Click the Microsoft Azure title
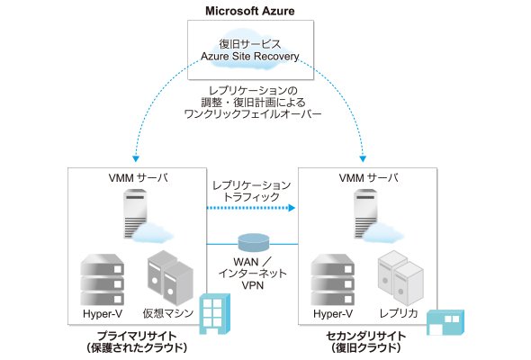coord(250,11)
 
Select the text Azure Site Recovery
coord(250,56)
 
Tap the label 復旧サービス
coord(250,44)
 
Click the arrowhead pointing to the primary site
coord(136,158)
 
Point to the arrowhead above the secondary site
coord(363,158)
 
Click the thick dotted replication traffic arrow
coord(251,208)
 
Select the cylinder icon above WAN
coord(254,242)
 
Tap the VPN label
coord(253,285)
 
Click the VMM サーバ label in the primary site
coord(139,178)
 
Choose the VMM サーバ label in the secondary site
coord(368,178)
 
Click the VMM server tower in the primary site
coord(136,214)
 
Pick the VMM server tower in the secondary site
coord(365,214)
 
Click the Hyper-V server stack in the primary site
coord(102,280)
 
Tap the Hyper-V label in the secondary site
coord(333,313)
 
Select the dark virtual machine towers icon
coord(170,278)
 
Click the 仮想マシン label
coord(168,313)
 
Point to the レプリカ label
coord(398,313)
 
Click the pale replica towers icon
coord(400,278)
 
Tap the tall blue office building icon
coord(215,314)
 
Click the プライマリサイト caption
coord(137,337)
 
